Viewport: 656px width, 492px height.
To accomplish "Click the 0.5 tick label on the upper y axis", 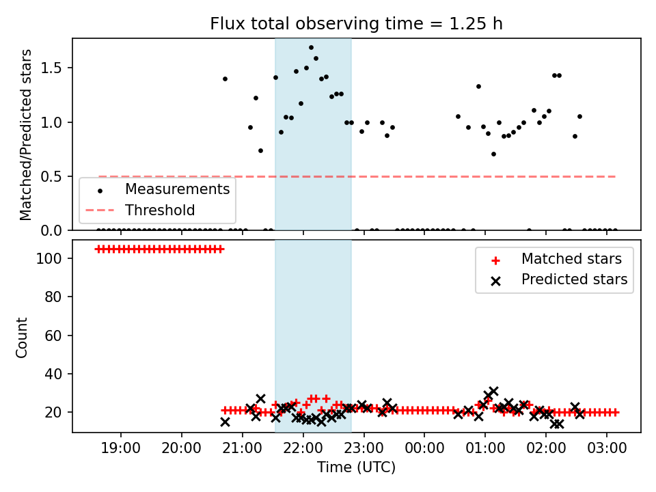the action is (x=51, y=177).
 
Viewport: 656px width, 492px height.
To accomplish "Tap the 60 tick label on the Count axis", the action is (x=53, y=336).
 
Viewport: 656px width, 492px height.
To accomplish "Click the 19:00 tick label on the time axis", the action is (x=121, y=448).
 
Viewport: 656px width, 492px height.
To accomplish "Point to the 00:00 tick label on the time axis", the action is (x=424, y=448).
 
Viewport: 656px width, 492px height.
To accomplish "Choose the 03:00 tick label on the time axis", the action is (x=607, y=448).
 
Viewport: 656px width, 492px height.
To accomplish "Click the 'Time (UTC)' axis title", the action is (x=356, y=467).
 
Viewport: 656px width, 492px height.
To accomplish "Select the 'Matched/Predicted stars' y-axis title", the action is (x=26, y=135).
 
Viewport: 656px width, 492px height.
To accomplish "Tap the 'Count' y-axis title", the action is (x=22, y=338).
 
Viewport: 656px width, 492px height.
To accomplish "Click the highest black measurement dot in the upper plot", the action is (x=312, y=48).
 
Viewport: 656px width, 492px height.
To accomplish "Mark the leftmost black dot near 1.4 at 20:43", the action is (x=225, y=79).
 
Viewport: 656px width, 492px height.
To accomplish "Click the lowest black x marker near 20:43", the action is (x=225, y=422).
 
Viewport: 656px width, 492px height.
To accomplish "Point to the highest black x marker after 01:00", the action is (x=493, y=392).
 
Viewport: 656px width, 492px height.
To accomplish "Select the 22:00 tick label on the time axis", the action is (x=303, y=448).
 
